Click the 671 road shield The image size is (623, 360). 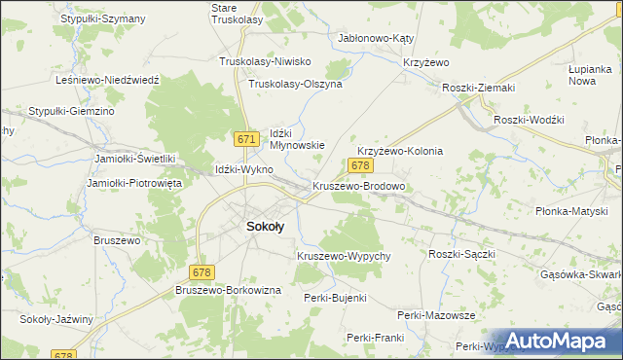tap(247, 140)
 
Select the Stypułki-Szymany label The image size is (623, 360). tap(102, 18)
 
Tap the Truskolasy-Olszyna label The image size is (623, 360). tap(296, 85)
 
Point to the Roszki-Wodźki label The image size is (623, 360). tap(530, 119)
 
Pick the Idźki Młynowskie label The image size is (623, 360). tap(296, 138)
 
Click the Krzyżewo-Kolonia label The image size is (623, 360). tap(400, 152)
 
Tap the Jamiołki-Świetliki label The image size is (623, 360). tap(134, 159)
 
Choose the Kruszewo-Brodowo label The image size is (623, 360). tap(358, 186)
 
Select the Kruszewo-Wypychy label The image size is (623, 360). tap(344, 256)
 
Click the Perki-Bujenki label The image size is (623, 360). tap(335, 298)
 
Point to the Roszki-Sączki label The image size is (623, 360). tap(462, 254)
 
